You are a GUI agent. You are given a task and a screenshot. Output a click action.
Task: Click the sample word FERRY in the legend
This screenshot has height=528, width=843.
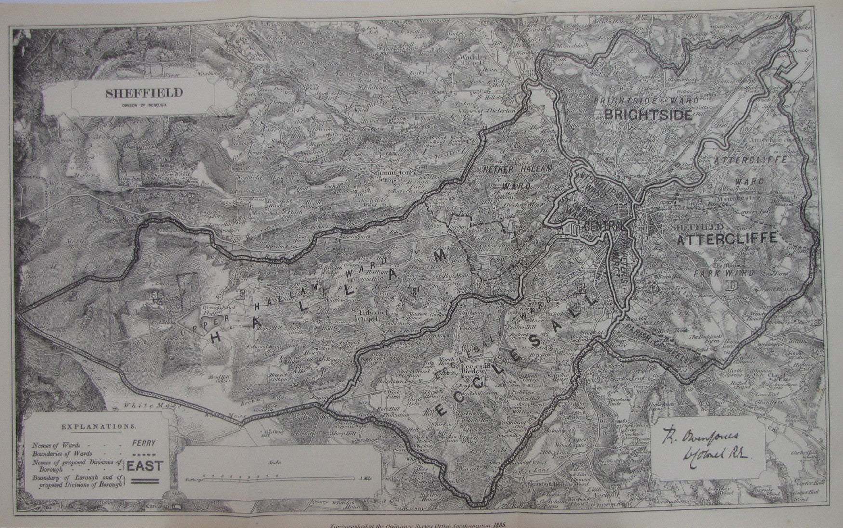tap(145, 443)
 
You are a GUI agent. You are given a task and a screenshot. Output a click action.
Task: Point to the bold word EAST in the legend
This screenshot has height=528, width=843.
tap(145, 466)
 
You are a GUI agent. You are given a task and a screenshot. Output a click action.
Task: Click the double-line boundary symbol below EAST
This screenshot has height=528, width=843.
tap(145, 480)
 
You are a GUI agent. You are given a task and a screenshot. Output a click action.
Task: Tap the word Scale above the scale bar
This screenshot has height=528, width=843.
tap(275, 462)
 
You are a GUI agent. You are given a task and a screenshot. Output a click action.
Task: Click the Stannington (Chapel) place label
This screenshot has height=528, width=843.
tap(390, 172)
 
